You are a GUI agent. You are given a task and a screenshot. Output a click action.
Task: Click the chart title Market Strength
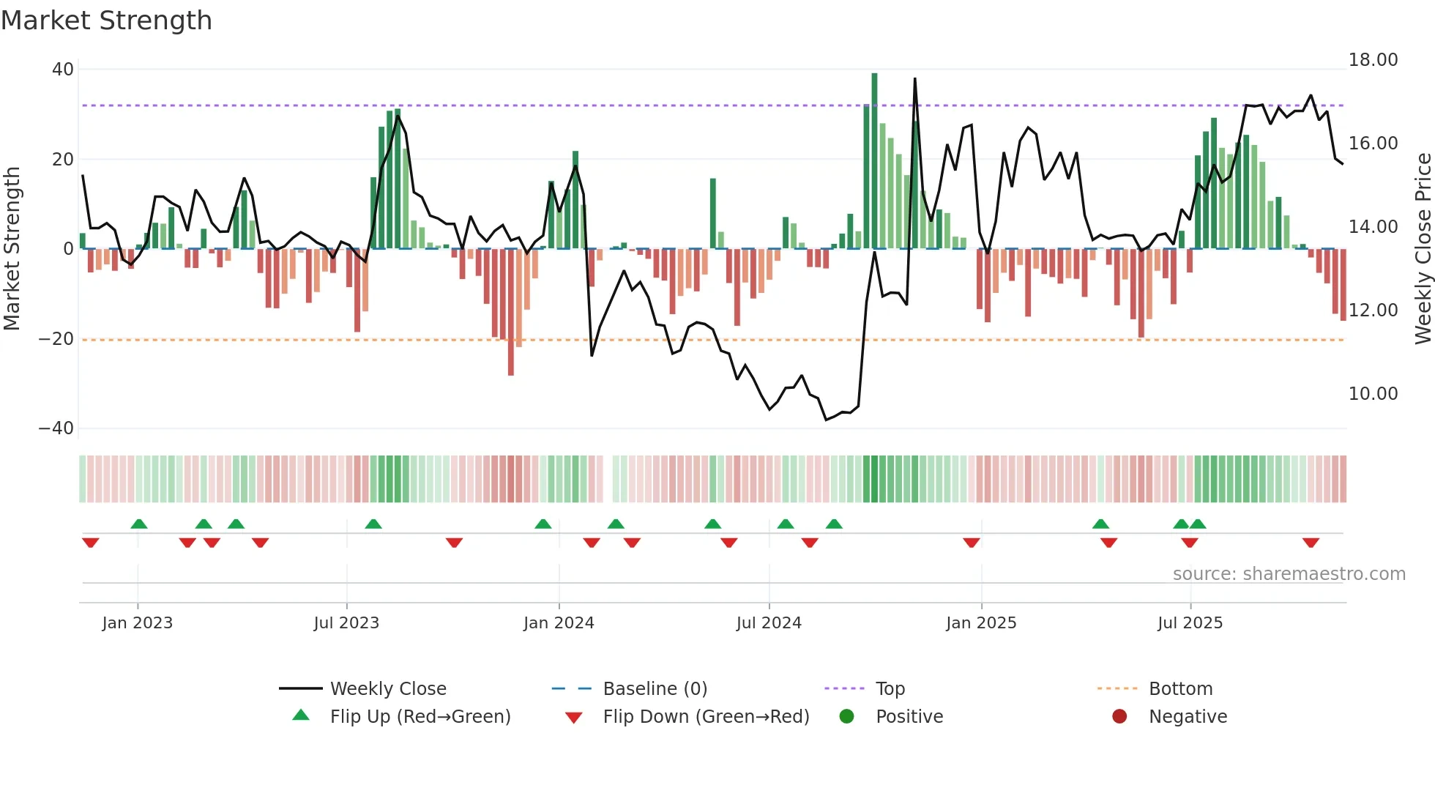(106, 21)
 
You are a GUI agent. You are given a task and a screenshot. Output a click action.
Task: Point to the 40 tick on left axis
(63, 70)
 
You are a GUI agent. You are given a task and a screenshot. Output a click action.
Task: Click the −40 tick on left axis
(56, 428)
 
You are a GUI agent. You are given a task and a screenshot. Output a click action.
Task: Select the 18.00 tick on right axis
(1373, 60)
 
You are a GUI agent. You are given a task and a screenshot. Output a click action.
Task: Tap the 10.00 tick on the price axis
(1373, 394)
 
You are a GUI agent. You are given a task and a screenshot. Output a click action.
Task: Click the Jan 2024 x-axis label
(559, 623)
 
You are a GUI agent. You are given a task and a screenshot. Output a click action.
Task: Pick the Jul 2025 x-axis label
(1190, 623)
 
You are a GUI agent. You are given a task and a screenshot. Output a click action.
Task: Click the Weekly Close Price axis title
(1423, 249)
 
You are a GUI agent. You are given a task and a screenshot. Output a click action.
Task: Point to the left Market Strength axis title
(12, 249)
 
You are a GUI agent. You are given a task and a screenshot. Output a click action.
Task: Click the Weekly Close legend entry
(387, 689)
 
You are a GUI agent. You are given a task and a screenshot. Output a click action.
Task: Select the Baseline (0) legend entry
(655, 689)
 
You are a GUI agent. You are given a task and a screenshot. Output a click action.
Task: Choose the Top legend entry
(890, 689)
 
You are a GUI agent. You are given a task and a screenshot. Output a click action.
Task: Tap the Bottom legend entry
(1180, 689)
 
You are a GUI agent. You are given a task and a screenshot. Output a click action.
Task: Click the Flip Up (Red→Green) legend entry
(420, 717)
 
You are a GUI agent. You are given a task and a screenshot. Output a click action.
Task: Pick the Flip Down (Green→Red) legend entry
(706, 717)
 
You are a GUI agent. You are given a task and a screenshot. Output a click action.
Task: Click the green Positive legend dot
(847, 717)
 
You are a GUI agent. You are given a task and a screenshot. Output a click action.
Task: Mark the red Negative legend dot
(1119, 717)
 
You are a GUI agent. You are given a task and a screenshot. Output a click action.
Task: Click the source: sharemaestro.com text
(1289, 574)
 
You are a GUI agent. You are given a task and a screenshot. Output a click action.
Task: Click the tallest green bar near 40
(874, 161)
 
